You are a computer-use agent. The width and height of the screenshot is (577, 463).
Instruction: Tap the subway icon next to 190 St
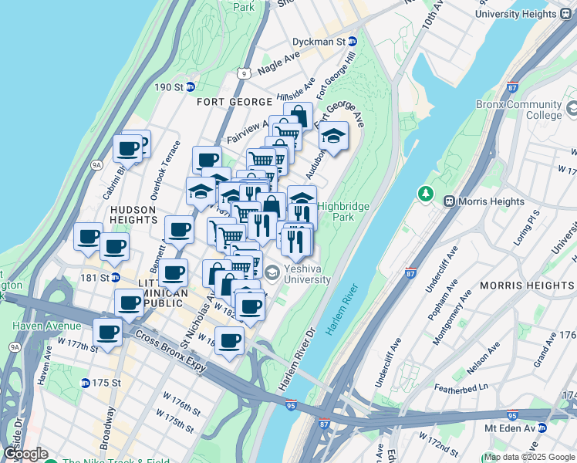pyautogui.click(x=189, y=86)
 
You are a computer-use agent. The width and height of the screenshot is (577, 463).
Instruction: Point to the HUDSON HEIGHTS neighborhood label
pyautogui.click(x=144, y=215)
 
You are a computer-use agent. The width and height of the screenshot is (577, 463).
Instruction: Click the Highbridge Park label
pyautogui.click(x=343, y=212)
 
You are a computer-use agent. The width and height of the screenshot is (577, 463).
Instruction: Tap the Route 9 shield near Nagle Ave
pyautogui.click(x=245, y=74)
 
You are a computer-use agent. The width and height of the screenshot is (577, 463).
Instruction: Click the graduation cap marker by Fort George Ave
pyautogui.click(x=334, y=137)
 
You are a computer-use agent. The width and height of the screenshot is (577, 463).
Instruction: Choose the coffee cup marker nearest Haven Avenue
pyautogui.click(x=107, y=333)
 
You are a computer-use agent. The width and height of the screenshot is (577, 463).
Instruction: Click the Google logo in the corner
pyautogui.click(x=25, y=454)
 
